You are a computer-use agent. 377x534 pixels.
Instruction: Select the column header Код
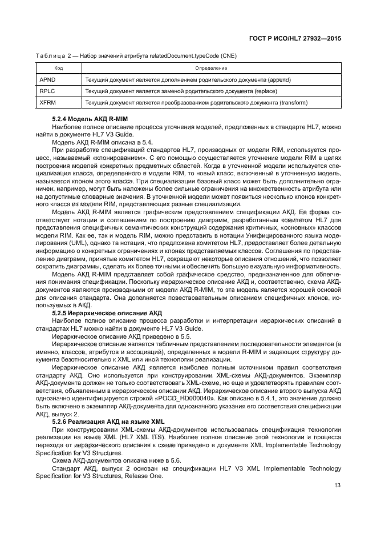pos(59,68)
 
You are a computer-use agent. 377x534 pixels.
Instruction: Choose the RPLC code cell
pos(48,91)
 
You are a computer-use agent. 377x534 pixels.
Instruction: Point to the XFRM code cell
pos(48,103)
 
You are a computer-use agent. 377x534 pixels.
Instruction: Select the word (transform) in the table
pos(292,103)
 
